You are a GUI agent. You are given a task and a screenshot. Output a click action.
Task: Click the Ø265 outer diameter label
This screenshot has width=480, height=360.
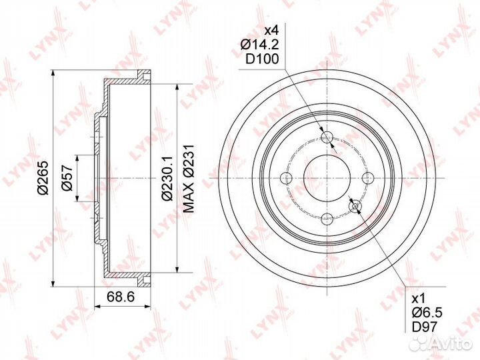tap(43, 177)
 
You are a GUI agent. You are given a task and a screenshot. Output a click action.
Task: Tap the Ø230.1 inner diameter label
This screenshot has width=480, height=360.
tap(167, 179)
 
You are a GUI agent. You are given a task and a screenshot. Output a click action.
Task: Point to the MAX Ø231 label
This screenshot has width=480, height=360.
tap(189, 179)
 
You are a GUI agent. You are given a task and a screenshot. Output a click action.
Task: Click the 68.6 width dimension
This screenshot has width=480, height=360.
tap(121, 297)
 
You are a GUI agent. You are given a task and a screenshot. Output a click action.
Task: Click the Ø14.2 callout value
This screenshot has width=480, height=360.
tap(259, 45)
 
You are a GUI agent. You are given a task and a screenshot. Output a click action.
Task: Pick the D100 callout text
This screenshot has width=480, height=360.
tap(263, 59)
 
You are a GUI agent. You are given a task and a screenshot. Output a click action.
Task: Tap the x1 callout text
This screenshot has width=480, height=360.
tap(418, 298)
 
